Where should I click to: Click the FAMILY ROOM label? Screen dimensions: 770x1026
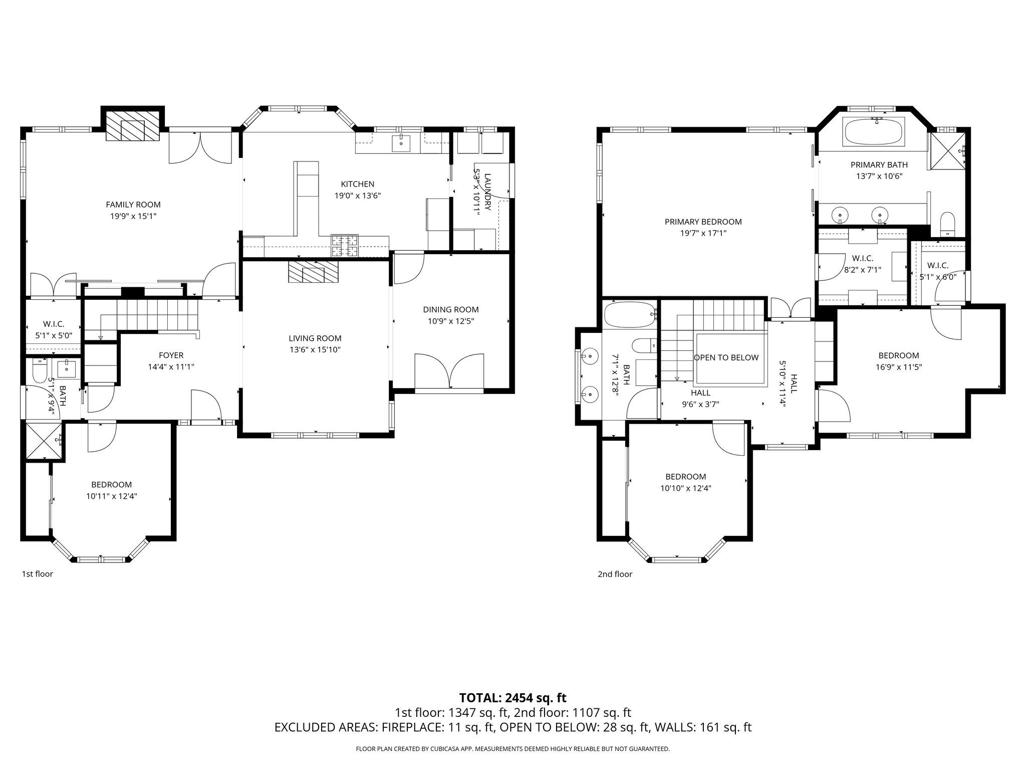(133, 205)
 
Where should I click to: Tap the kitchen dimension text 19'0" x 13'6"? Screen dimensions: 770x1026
(358, 196)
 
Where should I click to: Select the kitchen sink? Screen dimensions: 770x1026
(401, 143)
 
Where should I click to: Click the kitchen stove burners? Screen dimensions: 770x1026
(345, 246)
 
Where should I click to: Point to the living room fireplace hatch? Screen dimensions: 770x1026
(313, 273)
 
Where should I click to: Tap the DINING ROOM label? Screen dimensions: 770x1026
(451, 309)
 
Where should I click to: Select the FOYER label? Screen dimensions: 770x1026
(171, 355)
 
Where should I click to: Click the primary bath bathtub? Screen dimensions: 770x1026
(874, 131)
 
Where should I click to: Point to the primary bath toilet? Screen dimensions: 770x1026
(947, 224)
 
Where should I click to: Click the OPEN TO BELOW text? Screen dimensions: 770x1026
(726, 357)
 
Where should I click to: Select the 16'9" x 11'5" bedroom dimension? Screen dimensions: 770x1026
(899, 366)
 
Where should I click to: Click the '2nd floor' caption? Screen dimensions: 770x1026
(615, 574)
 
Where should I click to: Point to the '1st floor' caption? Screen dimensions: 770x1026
(37, 574)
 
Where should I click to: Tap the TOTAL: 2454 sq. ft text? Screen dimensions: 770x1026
(512, 697)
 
